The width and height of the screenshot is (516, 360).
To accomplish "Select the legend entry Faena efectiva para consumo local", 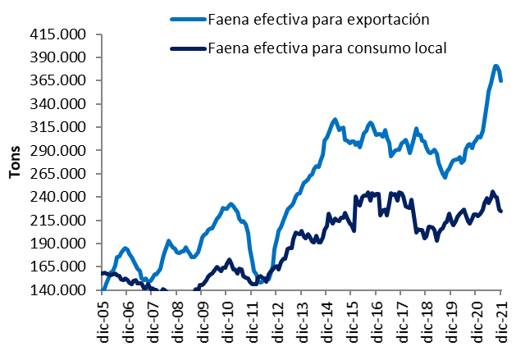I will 326,48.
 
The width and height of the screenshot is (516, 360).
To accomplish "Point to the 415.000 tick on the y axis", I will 63,34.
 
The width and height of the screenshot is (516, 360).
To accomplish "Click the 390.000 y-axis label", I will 63,57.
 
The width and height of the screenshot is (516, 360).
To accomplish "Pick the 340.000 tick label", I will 63,104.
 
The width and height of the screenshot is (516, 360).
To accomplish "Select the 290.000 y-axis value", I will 63,151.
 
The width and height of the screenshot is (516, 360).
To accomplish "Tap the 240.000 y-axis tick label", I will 63,197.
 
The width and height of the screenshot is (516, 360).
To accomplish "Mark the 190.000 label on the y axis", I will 63,244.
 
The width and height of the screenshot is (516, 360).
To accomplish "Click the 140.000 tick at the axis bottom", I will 63,290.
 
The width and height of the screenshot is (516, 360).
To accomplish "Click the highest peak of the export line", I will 496,66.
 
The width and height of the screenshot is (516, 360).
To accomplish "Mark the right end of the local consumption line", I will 501,212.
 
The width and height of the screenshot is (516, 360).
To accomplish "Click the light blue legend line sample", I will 186,18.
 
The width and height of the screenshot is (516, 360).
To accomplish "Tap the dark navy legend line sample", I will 186,48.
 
